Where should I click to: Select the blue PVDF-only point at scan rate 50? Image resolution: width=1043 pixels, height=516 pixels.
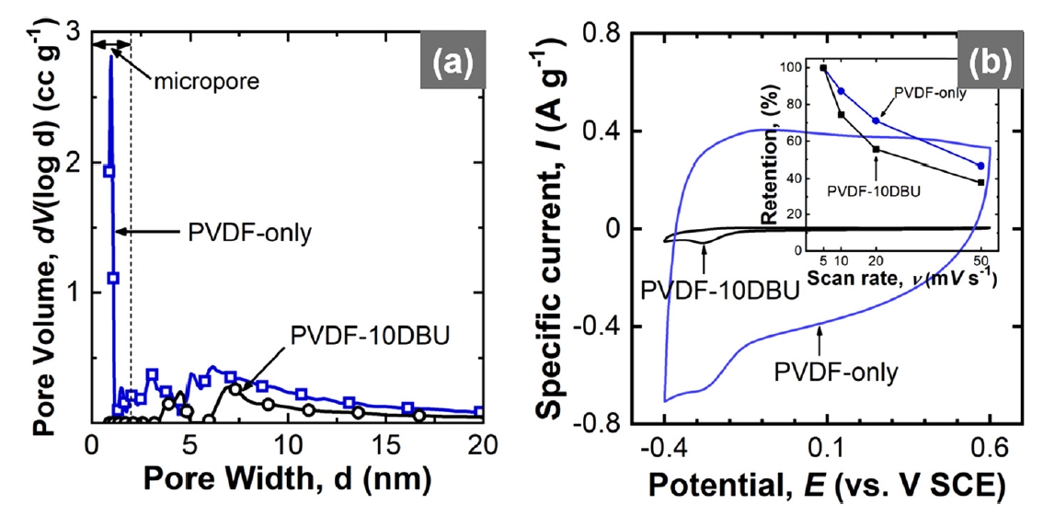tap(980, 166)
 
